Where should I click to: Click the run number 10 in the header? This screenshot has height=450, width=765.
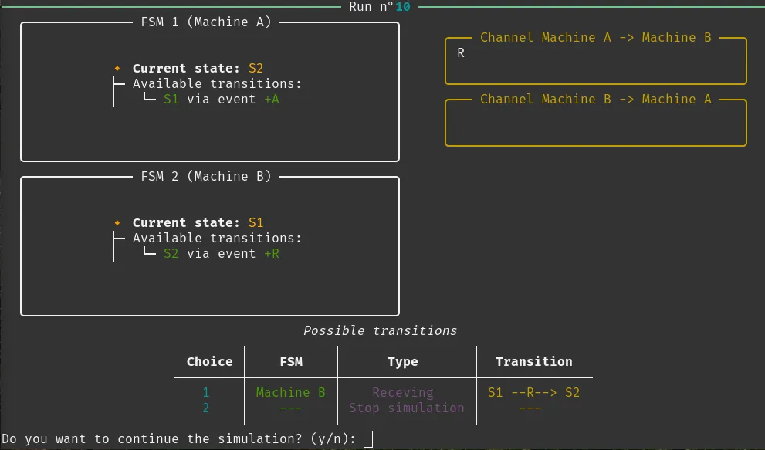[x=402, y=7]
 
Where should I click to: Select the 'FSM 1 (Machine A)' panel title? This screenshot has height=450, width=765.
[x=206, y=22]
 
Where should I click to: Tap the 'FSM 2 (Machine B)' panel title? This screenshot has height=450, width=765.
[x=206, y=176]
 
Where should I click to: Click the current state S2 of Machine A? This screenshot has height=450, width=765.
[x=256, y=69]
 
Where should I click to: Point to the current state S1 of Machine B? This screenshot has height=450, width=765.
[x=256, y=222]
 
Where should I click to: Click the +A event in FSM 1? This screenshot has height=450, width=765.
[x=272, y=99]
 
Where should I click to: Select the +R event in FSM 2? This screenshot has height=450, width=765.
[x=272, y=253]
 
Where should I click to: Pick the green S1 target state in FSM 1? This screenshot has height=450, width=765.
[x=171, y=99]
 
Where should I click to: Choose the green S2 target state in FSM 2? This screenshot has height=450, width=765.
[x=171, y=253]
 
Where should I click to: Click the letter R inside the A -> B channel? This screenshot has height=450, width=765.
[x=461, y=52]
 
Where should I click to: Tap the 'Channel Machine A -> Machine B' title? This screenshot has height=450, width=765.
[x=596, y=38]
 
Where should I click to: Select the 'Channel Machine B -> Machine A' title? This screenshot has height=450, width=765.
[x=596, y=99]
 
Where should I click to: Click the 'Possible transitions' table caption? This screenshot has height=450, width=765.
[x=380, y=330]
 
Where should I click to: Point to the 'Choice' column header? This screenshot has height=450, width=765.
[x=210, y=361]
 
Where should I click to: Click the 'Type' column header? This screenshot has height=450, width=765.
[x=402, y=362]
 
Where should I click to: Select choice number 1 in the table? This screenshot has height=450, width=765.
[x=206, y=392]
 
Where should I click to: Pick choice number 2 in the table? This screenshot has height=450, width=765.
[x=206, y=408]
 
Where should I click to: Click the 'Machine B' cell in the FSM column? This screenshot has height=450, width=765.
[x=291, y=392]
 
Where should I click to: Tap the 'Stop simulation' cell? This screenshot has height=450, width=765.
[x=406, y=408]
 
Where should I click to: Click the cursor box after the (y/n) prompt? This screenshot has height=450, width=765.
[x=368, y=438]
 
